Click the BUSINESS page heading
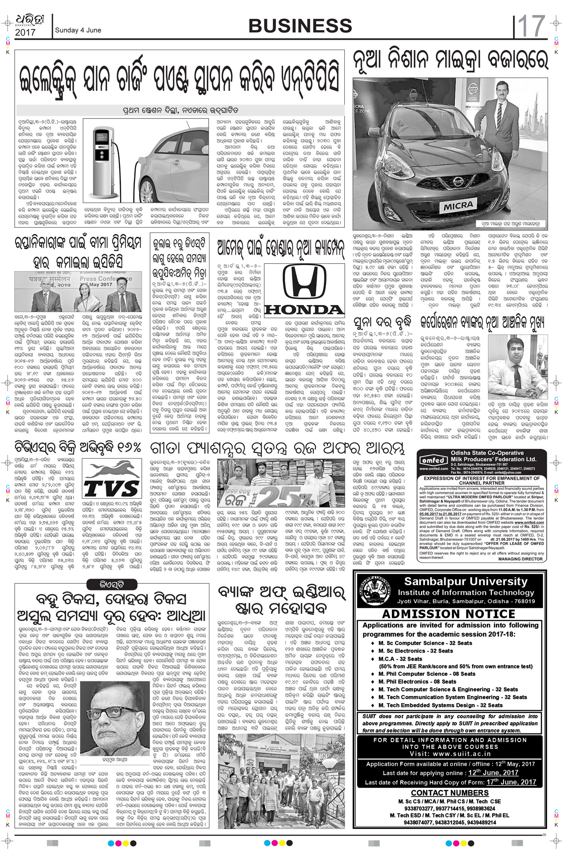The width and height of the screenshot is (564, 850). (x=300, y=26)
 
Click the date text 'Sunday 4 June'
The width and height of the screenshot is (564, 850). (x=78, y=30)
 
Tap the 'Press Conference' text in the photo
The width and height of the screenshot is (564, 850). (x=106, y=279)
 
